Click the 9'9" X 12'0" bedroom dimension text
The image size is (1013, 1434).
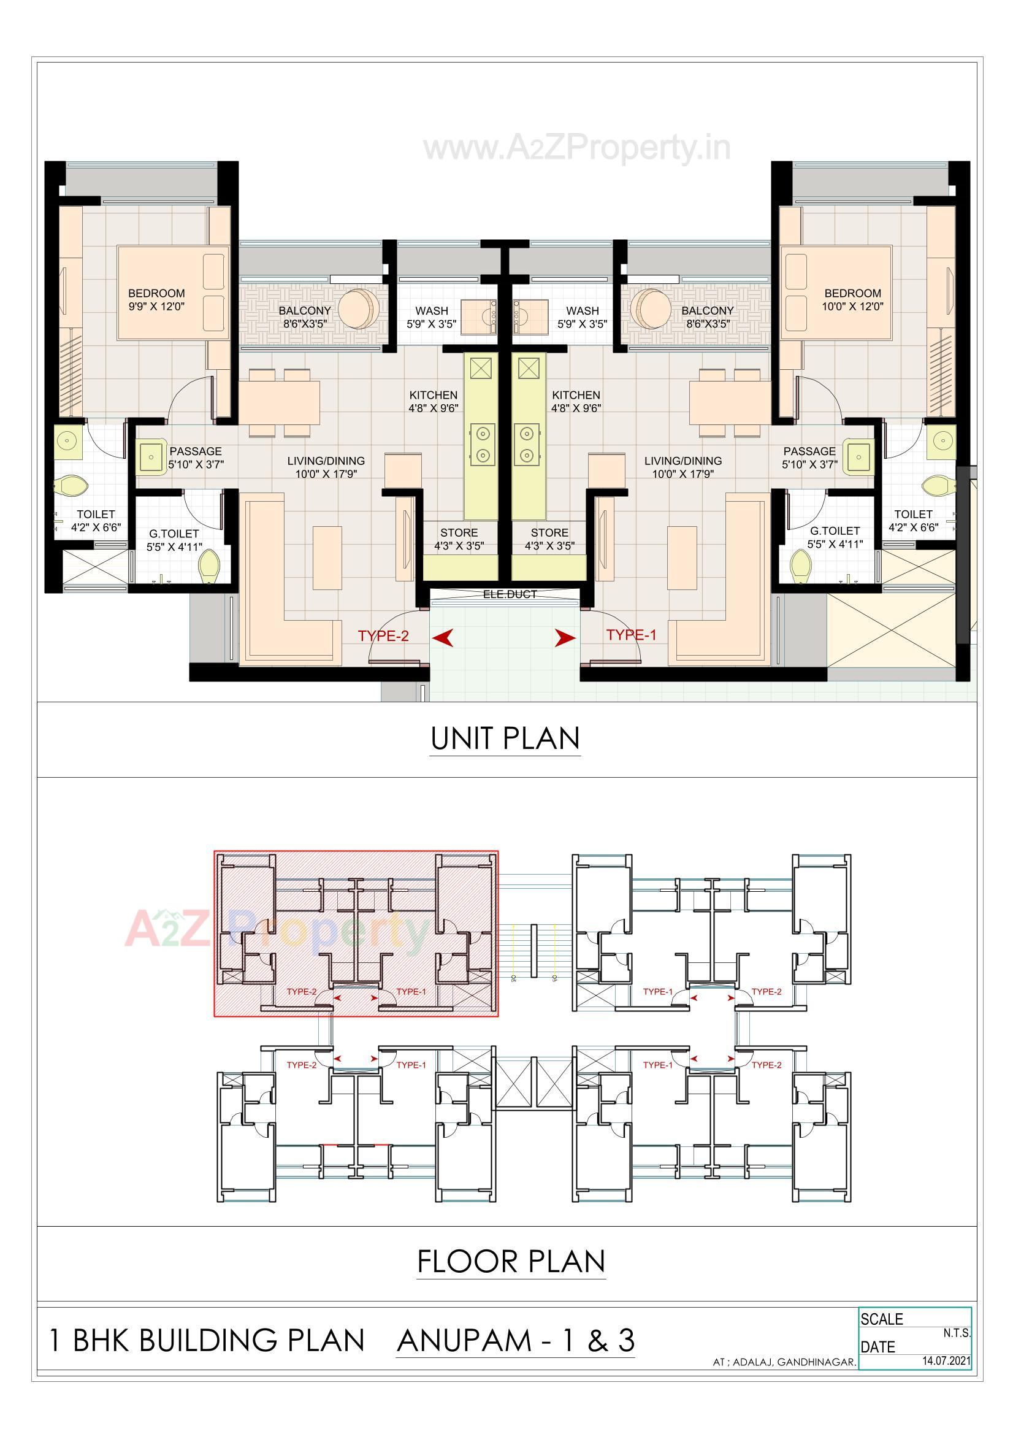156,307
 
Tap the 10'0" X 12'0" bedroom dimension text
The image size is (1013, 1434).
852,307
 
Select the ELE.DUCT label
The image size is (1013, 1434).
510,594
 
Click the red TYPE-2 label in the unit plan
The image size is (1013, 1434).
383,636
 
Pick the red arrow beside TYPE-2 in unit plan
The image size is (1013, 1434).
443,638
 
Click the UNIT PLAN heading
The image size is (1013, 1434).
505,738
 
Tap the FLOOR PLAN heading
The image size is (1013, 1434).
511,1262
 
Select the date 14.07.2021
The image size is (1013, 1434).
946,1360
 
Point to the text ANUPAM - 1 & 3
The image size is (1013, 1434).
515,1340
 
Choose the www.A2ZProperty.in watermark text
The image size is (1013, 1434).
577,148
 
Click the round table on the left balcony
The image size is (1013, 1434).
357,309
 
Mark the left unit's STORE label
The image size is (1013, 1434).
459,533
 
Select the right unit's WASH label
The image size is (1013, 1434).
582,310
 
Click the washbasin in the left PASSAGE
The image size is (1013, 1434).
151,458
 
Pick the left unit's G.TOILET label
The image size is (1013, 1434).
174,534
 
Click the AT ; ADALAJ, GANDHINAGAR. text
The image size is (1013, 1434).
784,1362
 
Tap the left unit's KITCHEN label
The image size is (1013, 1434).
434,396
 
